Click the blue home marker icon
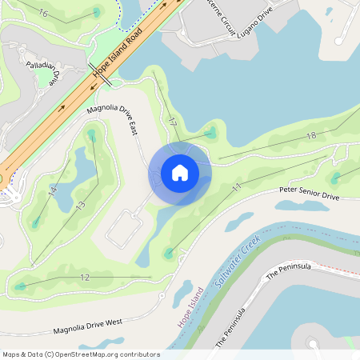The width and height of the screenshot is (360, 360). pyautogui.click(x=180, y=173)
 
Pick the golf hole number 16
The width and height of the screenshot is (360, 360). pyautogui.click(x=42, y=14)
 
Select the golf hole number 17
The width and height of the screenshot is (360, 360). pyautogui.click(x=172, y=122)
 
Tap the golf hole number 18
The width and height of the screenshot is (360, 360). pyautogui.click(x=311, y=136)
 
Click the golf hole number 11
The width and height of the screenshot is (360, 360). pyautogui.click(x=237, y=187)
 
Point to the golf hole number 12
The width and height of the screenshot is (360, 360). pyautogui.click(x=85, y=278)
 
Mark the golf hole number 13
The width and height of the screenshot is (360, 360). pyautogui.click(x=80, y=206)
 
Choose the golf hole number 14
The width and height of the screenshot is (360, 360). pyautogui.click(x=53, y=191)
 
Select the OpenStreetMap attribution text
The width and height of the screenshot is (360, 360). pyautogui.click(x=81, y=354)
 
